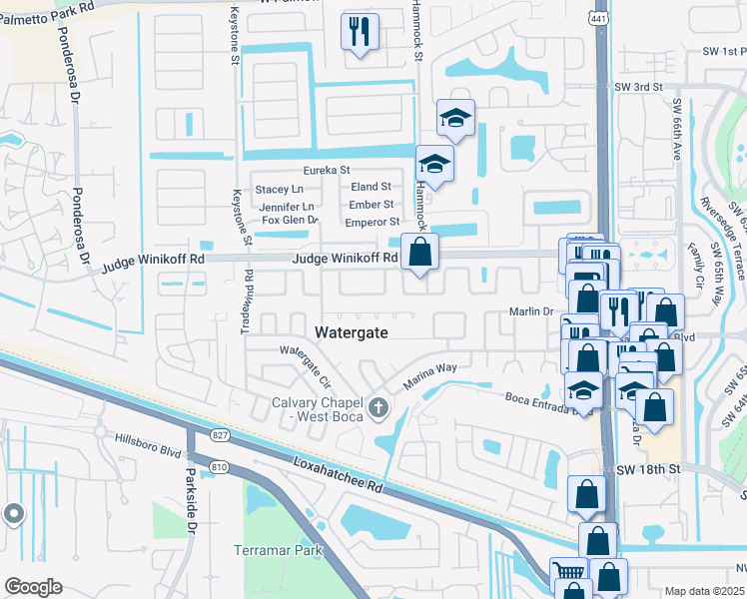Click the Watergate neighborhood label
[352, 330]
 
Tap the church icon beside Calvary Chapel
[377, 406]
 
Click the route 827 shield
[222, 434]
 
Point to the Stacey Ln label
[279, 189]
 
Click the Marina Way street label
[429, 375]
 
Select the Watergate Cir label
[304, 364]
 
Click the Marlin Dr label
[534, 311]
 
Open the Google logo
[33, 587]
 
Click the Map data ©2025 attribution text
[704, 591]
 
